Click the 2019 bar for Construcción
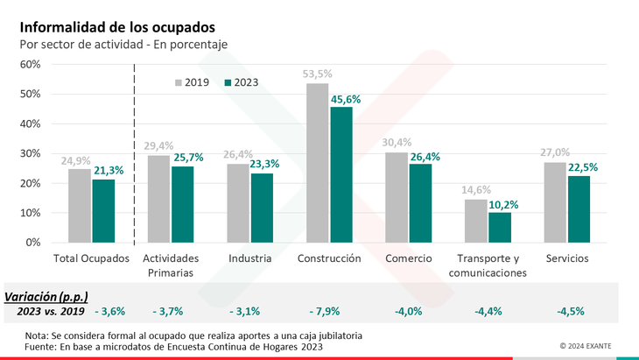pyautogui.click(x=317, y=163)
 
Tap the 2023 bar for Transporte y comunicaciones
pyautogui.click(x=500, y=227)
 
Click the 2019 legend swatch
pyautogui.click(x=179, y=82)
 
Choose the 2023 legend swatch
pyautogui.click(x=228, y=82)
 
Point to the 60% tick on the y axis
pyautogui.click(x=30, y=64)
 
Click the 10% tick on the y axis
pyautogui.click(x=30, y=213)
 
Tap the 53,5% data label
pyautogui.click(x=317, y=74)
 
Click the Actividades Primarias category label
pyautogui.click(x=171, y=265)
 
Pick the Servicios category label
pyautogui.click(x=566, y=258)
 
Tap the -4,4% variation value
pyautogui.click(x=488, y=311)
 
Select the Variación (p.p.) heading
pyautogui.click(x=47, y=295)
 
